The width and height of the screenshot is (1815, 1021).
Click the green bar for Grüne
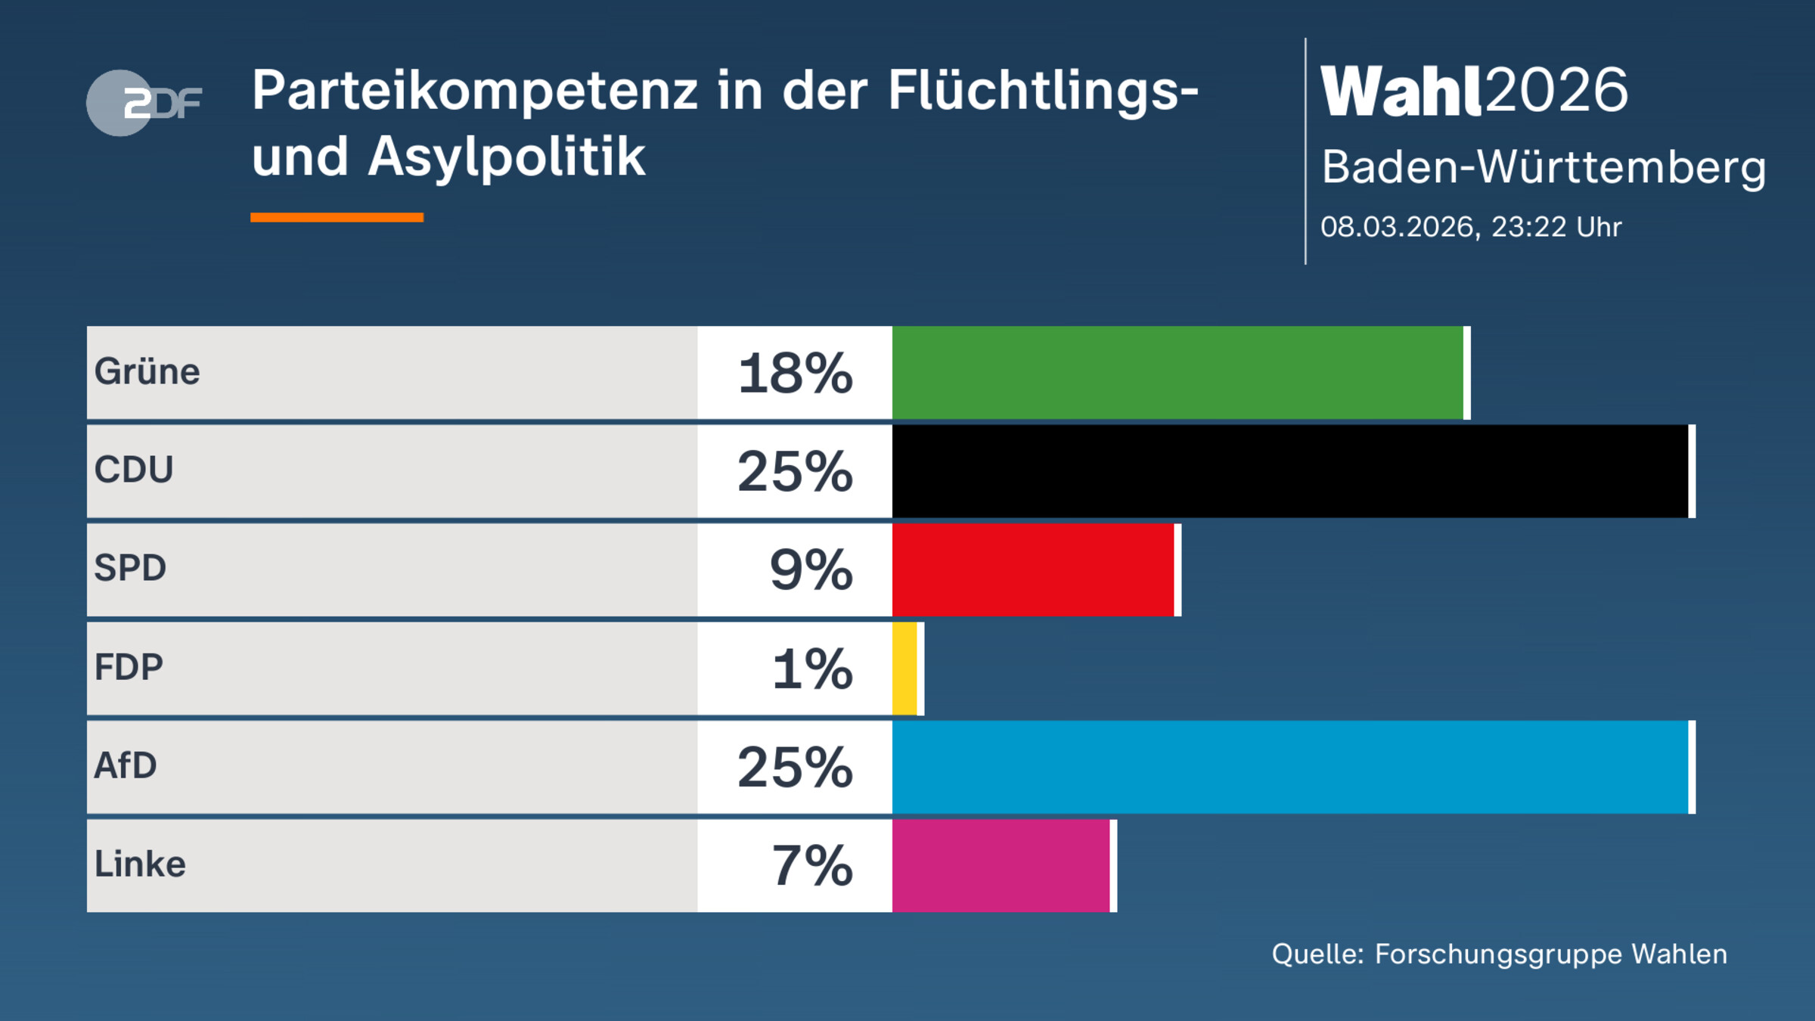[x=1177, y=373]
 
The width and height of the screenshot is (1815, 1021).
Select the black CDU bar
[x=1289, y=471]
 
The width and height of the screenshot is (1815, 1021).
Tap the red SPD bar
[x=1033, y=569]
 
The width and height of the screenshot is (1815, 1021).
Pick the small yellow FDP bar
[x=904, y=669]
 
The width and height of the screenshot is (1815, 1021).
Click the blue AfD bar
[x=1289, y=767]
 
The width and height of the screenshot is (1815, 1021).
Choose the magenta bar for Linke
[x=1001, y=865]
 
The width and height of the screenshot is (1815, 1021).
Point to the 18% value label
[x=795, y=374]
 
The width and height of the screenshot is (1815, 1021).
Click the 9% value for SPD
[x=811, y=570]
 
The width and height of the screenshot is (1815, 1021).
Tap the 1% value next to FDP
[x=812, y=669]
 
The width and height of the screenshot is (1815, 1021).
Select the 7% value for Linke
[x=812, y=866]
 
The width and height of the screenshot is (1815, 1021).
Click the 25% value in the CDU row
[x=795, y=472]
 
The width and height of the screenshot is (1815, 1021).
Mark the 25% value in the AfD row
[x=795, y=768]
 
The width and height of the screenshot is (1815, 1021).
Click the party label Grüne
[x=147, y=372]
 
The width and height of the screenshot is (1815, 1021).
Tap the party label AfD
[x=126, y=765]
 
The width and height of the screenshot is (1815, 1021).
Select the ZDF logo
[x=144, y=103]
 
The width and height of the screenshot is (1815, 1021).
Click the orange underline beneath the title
[x=337, y=218]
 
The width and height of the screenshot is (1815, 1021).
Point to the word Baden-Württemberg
[x=1543, y=167]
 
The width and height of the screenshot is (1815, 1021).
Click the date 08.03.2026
[x=1399, y=227]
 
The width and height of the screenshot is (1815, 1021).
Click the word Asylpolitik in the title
[x=507, y=157]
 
